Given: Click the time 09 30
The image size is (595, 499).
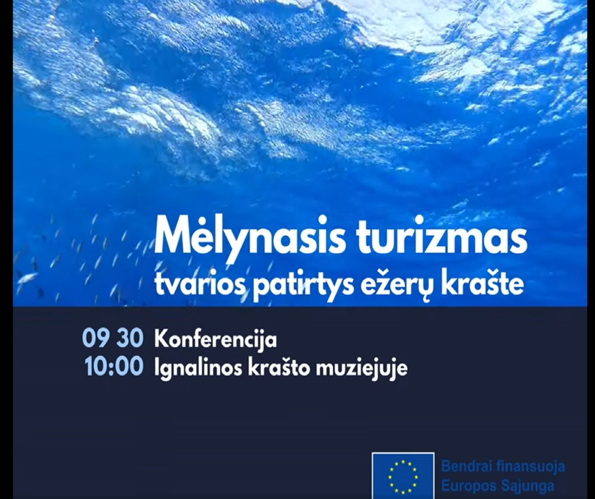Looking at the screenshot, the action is (112, 339).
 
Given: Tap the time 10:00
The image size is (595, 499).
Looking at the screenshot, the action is (114, 367).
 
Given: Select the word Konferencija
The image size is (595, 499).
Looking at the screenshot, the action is (215, 340).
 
